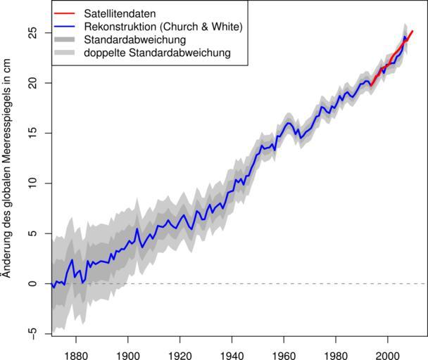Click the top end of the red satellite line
point(413,31)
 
